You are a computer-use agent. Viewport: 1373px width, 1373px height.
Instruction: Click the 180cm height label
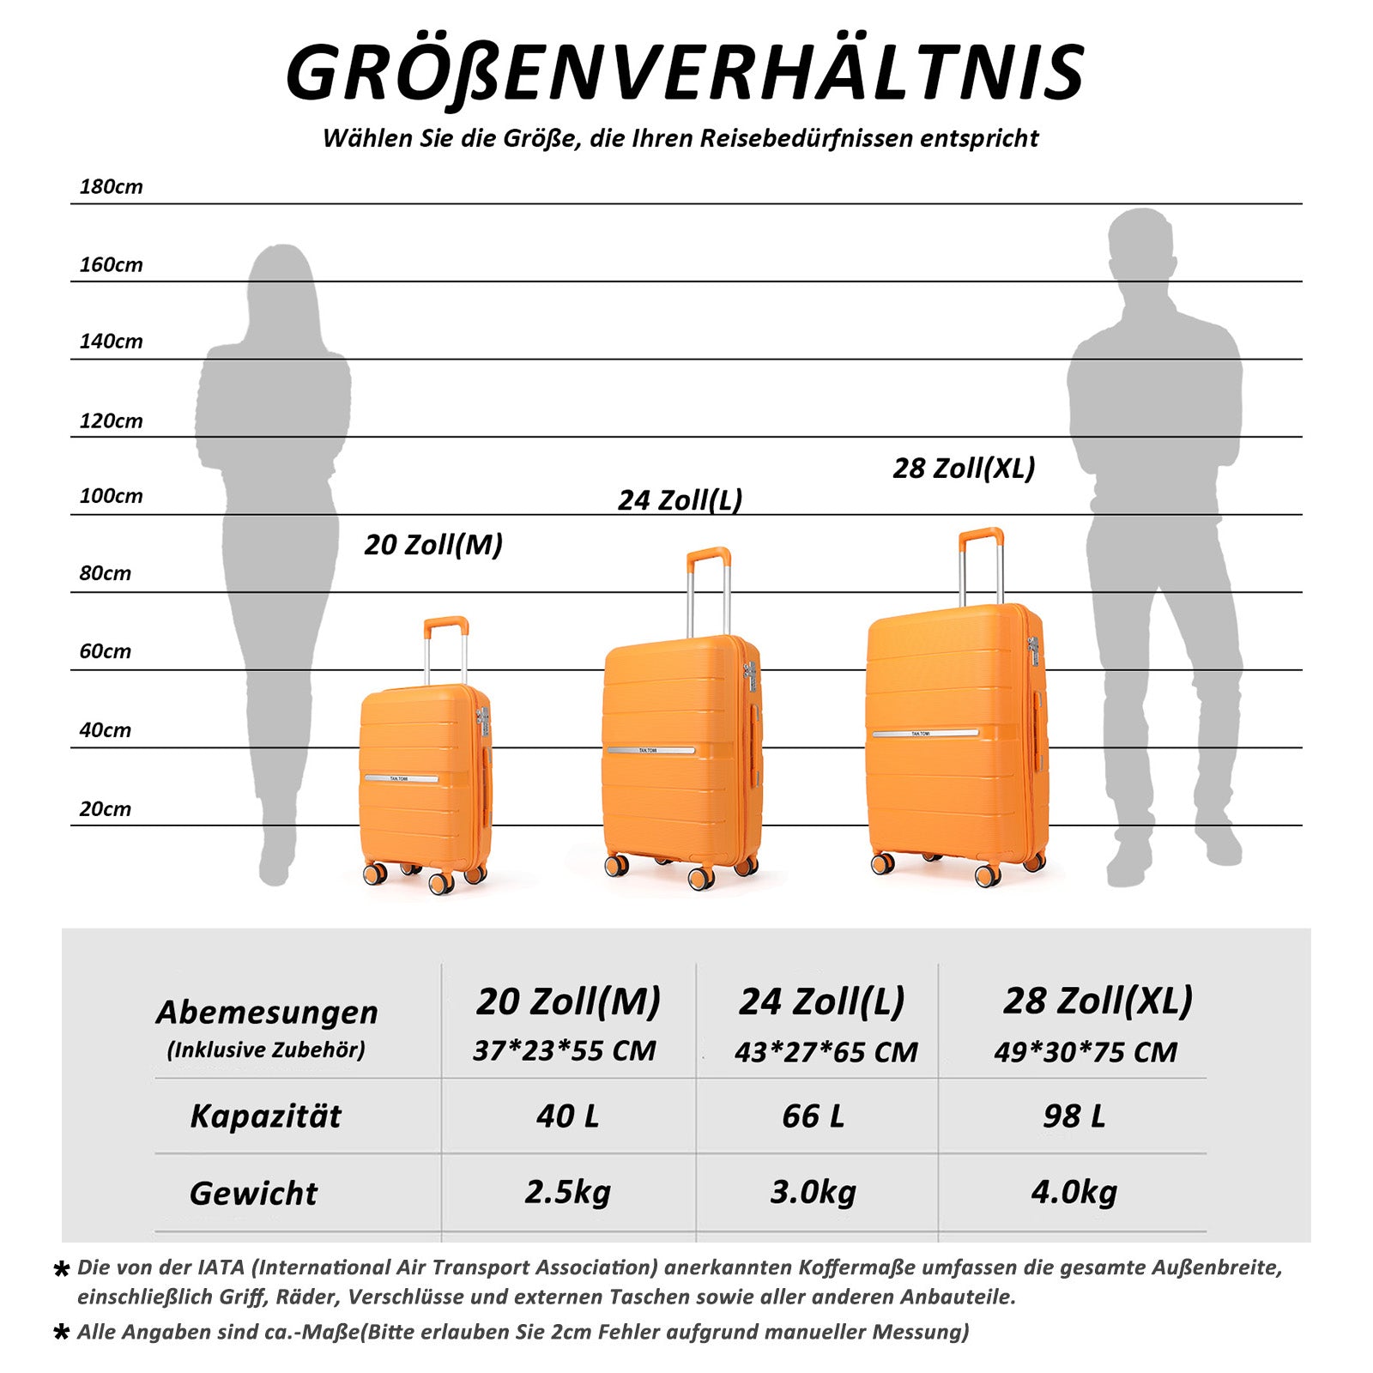coord(111,186)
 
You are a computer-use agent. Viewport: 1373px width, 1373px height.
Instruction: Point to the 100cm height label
coord(111,496)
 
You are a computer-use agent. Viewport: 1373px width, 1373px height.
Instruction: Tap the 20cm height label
coord(105,809)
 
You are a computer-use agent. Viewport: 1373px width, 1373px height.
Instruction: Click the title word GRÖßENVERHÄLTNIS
coord(685,74)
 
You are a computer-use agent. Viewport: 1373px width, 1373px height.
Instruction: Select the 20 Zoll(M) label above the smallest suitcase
coord(433,545)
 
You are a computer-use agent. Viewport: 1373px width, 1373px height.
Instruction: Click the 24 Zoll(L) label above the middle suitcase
coord(680,499)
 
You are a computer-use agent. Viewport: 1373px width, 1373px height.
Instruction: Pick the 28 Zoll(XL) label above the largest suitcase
coord(964,469)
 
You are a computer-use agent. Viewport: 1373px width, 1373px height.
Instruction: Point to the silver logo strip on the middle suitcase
coord(651,751)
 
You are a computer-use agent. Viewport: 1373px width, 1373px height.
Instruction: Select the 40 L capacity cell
coord(567,1116)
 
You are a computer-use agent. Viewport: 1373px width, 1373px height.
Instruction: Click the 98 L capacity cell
coord(1074,1116)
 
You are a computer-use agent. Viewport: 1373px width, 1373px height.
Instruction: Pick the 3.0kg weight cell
coord(813,1192)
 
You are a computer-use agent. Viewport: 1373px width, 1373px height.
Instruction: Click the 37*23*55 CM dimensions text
coord(565,1051)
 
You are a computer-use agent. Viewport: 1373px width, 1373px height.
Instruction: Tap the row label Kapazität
coord(265,1116)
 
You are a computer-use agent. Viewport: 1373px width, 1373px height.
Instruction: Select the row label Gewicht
coord(253,1194)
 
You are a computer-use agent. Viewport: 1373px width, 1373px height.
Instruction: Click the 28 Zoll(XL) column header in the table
coord(1098,1001)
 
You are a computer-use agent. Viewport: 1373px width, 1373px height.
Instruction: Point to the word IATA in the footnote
coord(221,1267)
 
